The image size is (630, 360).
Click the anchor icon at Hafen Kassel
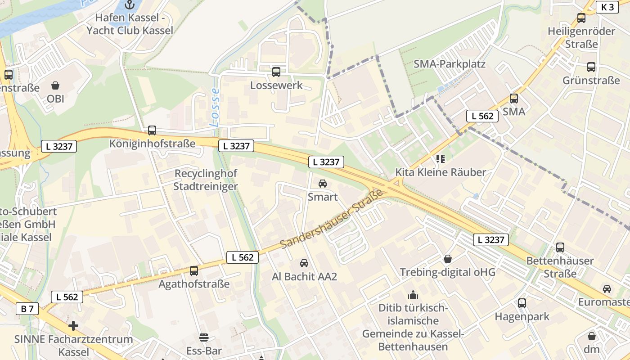130,5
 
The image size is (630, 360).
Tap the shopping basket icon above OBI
55,85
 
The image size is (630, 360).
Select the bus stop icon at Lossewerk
276,72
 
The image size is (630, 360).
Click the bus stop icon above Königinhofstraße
152,130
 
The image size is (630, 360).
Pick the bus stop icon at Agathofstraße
194,271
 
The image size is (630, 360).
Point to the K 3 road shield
607,7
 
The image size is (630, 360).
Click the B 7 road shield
27,309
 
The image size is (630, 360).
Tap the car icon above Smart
323,184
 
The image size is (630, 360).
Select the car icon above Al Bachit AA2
304,263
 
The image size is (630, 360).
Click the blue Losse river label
215,107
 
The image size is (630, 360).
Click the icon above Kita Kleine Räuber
440,158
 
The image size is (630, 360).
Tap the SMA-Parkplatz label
449,64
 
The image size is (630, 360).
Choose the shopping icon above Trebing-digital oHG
448,259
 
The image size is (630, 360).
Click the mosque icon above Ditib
413,295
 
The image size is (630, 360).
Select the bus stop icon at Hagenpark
522,303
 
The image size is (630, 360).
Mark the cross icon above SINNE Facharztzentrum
73,325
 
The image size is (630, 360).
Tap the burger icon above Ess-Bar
204,337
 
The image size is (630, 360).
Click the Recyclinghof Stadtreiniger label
206,180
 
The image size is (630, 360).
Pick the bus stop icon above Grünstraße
591,67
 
